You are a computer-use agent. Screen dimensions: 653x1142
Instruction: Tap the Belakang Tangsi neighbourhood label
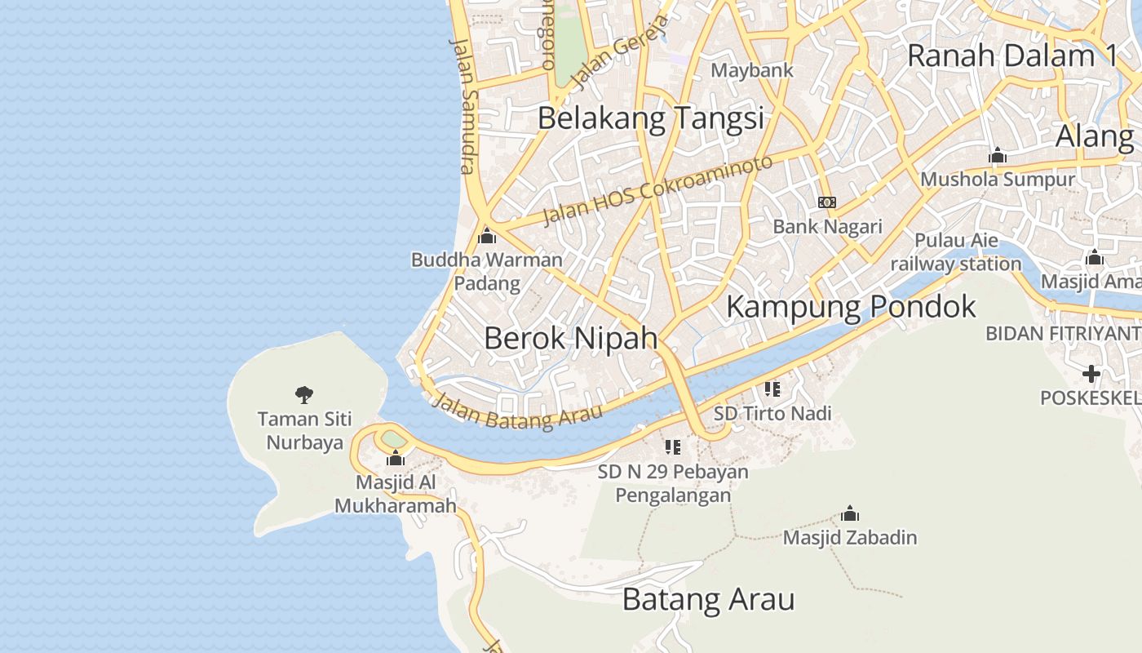650,118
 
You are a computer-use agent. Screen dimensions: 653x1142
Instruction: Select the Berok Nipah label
570,337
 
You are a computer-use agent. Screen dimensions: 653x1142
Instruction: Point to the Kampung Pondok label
851,307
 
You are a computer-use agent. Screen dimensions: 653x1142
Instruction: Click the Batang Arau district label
708,600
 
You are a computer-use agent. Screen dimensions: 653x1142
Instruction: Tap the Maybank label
751,70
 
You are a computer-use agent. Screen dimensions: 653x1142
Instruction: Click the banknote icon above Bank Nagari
827,202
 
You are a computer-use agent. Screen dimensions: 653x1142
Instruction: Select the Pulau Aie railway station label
955,252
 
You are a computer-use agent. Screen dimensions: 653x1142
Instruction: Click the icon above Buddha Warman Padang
487,237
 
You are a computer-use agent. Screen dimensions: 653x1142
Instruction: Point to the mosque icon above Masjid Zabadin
850,514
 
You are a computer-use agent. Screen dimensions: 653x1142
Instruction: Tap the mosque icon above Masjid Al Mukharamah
396,458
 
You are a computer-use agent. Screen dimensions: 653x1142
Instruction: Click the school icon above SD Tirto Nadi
772,389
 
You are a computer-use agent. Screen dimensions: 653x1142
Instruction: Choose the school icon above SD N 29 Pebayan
673,447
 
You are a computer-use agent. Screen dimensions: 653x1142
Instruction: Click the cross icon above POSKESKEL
1091,375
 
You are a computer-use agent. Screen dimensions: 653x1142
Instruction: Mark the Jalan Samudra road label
463,105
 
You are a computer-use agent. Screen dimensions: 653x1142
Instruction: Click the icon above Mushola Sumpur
997,156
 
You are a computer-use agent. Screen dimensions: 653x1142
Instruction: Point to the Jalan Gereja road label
619,52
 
